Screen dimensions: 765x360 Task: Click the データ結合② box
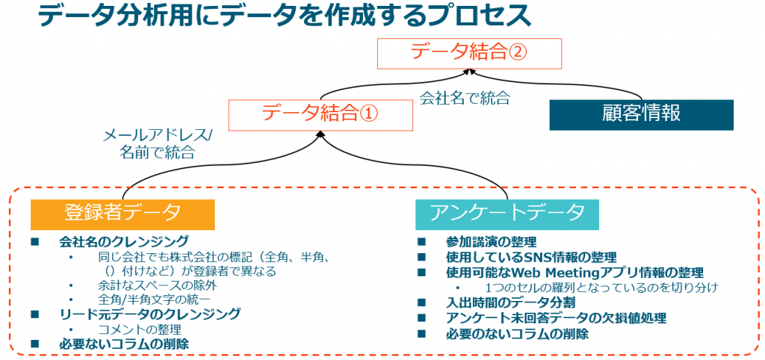469,53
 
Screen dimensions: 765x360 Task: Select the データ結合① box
320,114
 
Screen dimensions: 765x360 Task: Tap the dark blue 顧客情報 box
641,114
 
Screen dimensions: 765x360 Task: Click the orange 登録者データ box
123,214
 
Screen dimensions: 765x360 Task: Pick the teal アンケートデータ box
507,214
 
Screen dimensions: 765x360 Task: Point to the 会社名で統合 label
465,99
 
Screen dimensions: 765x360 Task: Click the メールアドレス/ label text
157,136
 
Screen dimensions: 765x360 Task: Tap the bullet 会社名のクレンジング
123,241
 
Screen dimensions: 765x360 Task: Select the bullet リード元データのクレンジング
149,314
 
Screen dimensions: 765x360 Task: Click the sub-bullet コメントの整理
140,329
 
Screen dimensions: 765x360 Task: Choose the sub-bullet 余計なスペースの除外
157,285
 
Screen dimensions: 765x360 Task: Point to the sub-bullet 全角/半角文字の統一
157,299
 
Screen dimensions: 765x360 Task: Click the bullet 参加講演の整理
492,241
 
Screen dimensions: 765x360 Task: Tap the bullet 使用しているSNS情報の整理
531,257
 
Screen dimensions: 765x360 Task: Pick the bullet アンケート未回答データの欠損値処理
556,318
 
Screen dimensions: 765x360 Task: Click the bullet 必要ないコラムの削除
123,344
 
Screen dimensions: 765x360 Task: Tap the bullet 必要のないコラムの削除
517,334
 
